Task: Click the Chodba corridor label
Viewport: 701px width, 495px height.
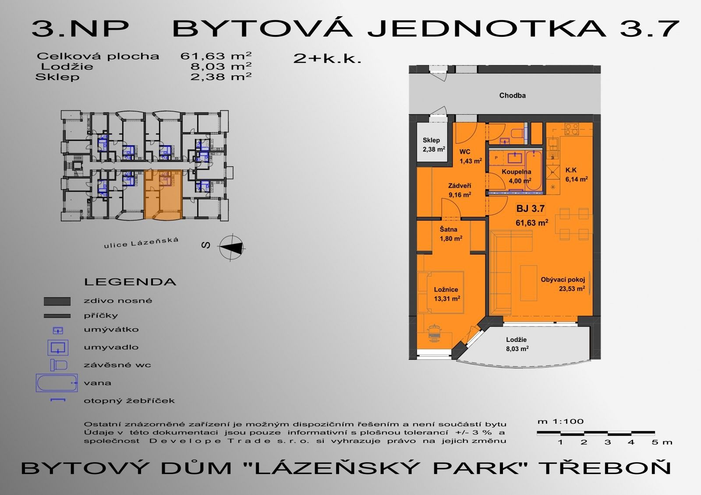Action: point(512,95)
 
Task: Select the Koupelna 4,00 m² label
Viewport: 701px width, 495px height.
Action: point(517,176)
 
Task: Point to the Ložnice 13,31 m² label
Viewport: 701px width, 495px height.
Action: point(446,294)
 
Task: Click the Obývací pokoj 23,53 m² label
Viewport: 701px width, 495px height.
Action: point(563,284)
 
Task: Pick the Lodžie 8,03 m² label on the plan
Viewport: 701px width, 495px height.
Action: point(517,344)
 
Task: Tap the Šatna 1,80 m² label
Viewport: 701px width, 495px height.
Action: point(451,234)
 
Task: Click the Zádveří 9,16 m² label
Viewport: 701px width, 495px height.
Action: point(460,190)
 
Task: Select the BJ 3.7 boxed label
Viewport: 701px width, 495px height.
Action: point(531,209)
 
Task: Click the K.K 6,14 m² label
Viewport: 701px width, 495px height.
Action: point(576,175)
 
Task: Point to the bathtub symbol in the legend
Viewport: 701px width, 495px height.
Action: point(57,383)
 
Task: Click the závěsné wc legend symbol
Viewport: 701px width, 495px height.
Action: point(59,365)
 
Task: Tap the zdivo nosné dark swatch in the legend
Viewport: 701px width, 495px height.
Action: point(57,301)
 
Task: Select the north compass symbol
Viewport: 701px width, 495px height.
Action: point(232,247)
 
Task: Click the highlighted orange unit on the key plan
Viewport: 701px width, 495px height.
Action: point(163,194)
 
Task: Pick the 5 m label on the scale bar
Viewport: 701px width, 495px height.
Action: point(662,442)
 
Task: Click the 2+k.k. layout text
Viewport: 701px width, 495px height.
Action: point(327,59)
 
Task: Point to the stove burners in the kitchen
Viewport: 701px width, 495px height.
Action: point(571,129)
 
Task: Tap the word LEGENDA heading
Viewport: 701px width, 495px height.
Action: point(130,282)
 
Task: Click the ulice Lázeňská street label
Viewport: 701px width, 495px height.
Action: point(141,242)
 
